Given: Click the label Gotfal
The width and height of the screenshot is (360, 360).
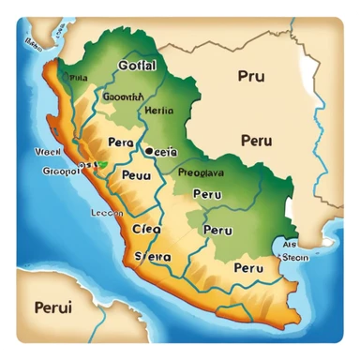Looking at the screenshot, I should coord(137,66).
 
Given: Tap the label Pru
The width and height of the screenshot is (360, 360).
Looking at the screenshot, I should coord(251,77).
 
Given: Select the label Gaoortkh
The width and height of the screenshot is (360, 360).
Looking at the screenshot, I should coord(122,96).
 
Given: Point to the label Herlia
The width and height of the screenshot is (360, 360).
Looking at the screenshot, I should coord(156,110).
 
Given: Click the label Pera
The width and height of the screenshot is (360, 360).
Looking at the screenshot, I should coord(121,142).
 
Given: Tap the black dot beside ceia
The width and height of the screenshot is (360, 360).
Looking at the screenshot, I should coord(148,149).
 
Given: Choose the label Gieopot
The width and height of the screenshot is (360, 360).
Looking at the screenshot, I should coord(61,172).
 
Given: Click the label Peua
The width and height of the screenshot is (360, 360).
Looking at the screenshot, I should coord(136,175).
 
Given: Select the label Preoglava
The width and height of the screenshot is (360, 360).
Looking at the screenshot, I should coord(202,172).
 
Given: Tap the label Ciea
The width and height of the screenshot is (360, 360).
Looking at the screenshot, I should coord(145,228).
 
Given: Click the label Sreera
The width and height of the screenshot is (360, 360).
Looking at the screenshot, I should coord(154,254).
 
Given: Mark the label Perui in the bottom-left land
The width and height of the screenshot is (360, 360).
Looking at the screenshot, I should coord(52,307).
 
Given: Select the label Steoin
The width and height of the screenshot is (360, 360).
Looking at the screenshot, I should coord(295,256).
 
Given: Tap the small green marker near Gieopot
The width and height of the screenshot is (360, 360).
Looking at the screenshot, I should coord(101,165).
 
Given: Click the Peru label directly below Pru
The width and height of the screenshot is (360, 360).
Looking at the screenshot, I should coord(256,141).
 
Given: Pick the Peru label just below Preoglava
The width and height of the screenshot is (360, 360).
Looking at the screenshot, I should coord(207,194).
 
